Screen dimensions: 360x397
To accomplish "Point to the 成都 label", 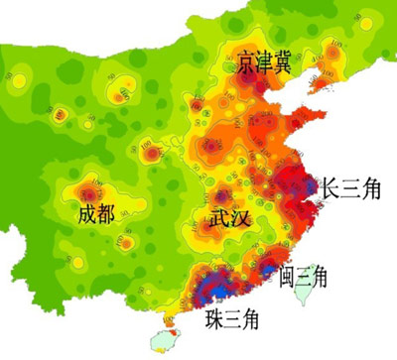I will pyautogui.click(x=105, y=212).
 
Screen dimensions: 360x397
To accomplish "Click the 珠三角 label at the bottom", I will pyautogui.click(x=233, y=319).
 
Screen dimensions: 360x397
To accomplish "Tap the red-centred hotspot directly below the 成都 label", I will pyautogui.click(x=126, y=244).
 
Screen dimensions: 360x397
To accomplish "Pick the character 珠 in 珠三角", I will pyautogui.click(x=214, y=319).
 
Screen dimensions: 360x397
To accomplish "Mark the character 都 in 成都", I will pyautogui.click(x=117, y=212).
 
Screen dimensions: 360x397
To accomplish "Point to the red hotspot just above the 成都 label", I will pyautogui.click(x=92, y=187).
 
